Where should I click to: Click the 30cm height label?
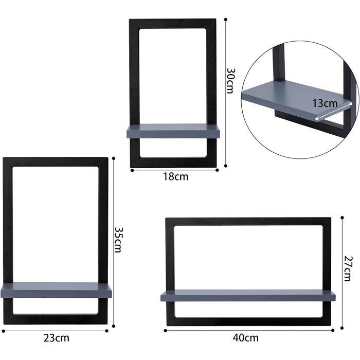[230, 81]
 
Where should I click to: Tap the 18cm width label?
[176, 176]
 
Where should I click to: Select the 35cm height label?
[118, 240]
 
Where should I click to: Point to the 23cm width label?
[56, 338]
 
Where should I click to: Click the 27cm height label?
[348, 268]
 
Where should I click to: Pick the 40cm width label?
[245, 338]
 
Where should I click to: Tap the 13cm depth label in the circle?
[325, 103]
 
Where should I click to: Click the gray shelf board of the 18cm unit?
[173, 131]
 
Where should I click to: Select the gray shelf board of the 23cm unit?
[56, 290]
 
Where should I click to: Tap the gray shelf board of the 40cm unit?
[248, 296]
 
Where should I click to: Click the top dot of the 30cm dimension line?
[226, 20]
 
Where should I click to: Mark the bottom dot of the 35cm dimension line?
[114, 326]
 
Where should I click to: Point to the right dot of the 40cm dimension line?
[333, 330]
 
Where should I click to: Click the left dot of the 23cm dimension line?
[4, 331]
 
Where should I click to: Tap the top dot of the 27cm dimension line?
[342, 218]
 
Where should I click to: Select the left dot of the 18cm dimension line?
[132, 170]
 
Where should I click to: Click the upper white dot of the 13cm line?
[351, 104]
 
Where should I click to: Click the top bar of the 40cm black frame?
[248, 222]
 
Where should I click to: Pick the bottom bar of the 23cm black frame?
[56, 319]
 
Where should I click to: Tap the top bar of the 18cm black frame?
[173, 24]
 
